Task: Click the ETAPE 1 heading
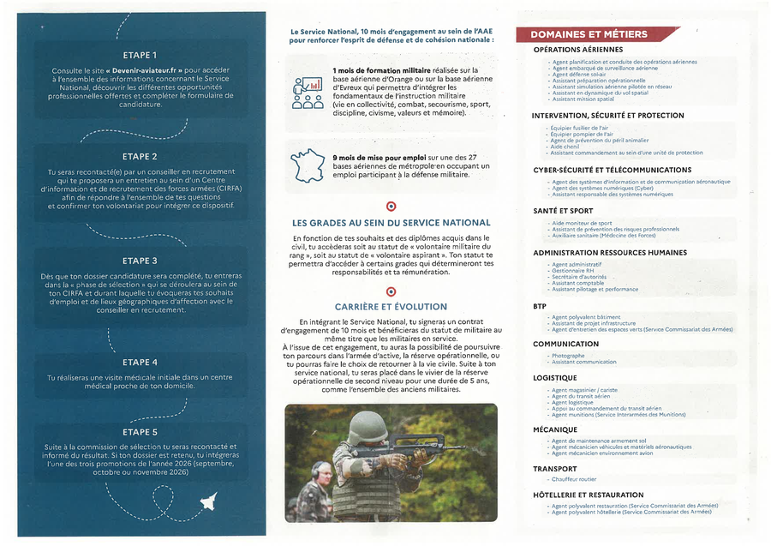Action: point(140,56)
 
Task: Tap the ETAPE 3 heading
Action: point(140,261)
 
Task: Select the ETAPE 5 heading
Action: point(140,432)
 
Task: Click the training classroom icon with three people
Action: point(308,92)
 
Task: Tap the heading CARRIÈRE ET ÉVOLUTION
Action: point(391,306)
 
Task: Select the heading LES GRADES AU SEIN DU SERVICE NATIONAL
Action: point(391,223)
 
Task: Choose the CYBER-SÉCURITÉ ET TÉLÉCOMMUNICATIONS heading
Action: point(612,170)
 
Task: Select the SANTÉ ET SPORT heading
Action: point(562,210)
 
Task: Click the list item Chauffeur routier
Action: point(574,479)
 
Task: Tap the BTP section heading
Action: point(541,305)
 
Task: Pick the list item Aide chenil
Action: point(565,146)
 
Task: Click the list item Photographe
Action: point(568,356)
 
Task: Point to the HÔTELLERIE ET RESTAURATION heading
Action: point(588,495)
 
